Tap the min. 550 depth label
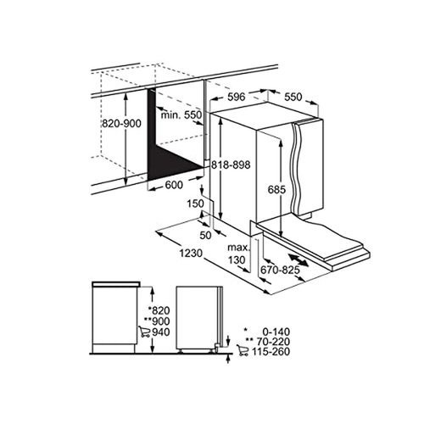pyautogui.click(x=181, y=114)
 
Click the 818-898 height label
pyautogui.click(x=232, y=165)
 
